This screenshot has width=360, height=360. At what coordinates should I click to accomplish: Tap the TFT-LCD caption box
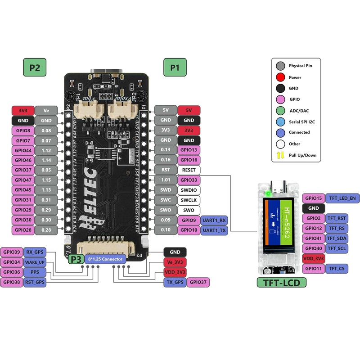click(282, 283)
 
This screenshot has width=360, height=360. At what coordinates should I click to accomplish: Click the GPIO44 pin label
click(23, 150)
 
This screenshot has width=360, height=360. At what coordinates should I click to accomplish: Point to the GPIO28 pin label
click(23, 230)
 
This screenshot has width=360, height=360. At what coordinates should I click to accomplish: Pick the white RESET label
click(189, 170)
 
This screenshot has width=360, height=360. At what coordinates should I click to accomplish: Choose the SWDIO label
click(189, 190)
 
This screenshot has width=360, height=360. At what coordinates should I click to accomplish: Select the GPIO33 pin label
click(189, 180)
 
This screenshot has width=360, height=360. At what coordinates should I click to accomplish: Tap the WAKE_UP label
click(35, 262)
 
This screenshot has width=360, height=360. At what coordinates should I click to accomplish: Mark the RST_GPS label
click(35, 282)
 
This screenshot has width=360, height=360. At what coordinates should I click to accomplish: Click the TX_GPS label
click(174, 282)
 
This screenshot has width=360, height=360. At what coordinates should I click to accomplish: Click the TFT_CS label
click(336, 269)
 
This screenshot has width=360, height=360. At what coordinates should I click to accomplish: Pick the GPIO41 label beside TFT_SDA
click(313, 238)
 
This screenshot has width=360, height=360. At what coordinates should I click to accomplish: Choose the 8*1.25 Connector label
click(105, 259)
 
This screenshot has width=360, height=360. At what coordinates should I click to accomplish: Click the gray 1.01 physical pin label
click(166, 180)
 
